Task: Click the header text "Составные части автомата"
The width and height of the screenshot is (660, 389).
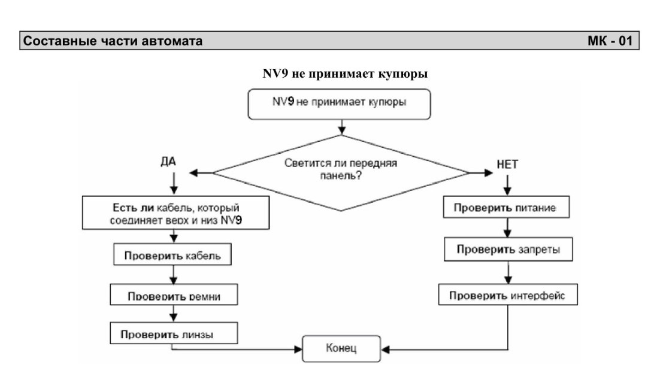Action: point(113,41)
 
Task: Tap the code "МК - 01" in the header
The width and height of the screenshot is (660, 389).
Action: point(610,41)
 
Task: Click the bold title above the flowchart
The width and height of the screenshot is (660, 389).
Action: point(345,74)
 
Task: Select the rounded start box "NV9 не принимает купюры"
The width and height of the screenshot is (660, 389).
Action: point(339,104)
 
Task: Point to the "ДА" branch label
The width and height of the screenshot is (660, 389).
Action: point(168,162)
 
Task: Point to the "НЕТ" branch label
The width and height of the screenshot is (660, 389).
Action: point(507,165)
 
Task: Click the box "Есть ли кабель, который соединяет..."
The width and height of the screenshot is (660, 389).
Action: point(176,213)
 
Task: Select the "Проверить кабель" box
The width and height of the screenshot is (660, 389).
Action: point(172,254)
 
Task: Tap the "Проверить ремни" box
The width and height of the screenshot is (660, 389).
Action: point(174,294)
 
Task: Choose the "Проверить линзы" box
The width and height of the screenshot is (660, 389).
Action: point(174,333)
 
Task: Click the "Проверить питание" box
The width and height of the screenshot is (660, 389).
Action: point(506,207)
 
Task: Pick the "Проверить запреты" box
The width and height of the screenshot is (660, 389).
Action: point(508,250)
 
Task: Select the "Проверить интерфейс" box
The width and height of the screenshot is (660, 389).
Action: point(508,294)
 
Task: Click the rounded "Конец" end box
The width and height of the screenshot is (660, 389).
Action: point(341,349)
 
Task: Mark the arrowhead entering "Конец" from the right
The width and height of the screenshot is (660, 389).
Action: point(385,350)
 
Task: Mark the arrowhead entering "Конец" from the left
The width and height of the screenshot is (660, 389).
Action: point(298,349)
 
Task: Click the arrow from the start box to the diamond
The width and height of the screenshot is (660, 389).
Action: point(342,127)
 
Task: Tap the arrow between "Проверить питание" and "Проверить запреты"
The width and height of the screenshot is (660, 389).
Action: point(508,227)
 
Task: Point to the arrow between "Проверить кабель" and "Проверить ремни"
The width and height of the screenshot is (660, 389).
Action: point(174,275)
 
